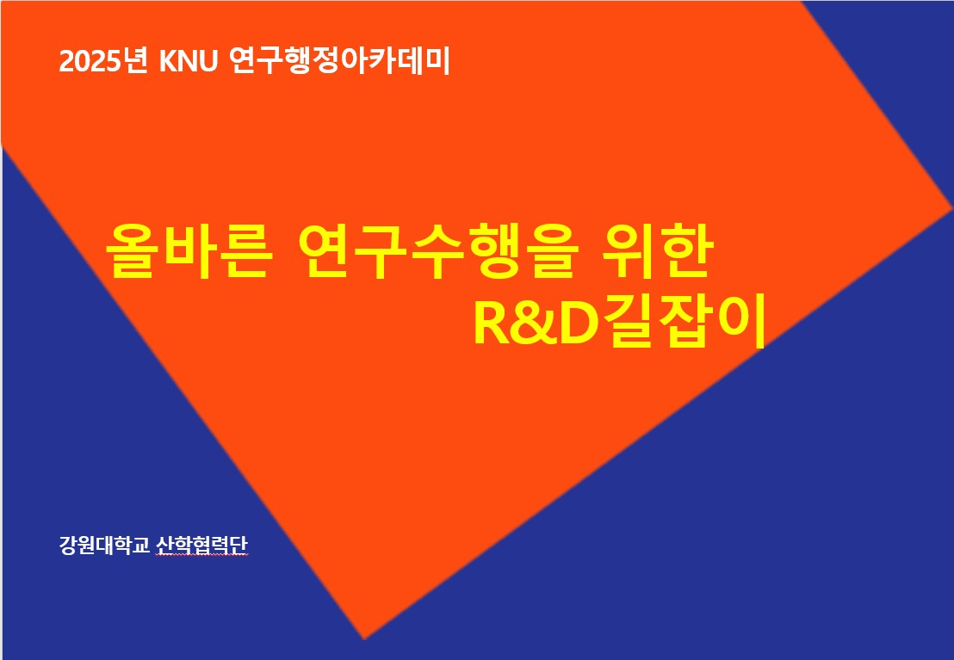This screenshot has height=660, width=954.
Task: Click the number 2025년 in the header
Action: [x=102, y=61]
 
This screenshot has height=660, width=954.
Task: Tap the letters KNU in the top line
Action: [x=188, y=61]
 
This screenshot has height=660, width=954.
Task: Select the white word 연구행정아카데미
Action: [x=339, y=61]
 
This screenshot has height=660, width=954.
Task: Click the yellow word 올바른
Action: [x=189, y=252]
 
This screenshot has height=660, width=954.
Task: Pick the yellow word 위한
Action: [x=656, y=251]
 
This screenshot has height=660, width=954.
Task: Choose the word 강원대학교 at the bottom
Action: [x=104, y=545]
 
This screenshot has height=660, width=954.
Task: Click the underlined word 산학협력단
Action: [x=202, y=545]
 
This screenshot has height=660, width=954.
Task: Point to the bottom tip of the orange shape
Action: [x=364, y=639]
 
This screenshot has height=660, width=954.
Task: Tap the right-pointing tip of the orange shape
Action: [x=951, y=209]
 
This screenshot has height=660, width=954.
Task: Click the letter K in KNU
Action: [x=168, y=62]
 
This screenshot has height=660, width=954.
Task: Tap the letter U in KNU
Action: [x=208, y=62]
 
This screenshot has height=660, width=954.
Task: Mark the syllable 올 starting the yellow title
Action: [x=132, y=252]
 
